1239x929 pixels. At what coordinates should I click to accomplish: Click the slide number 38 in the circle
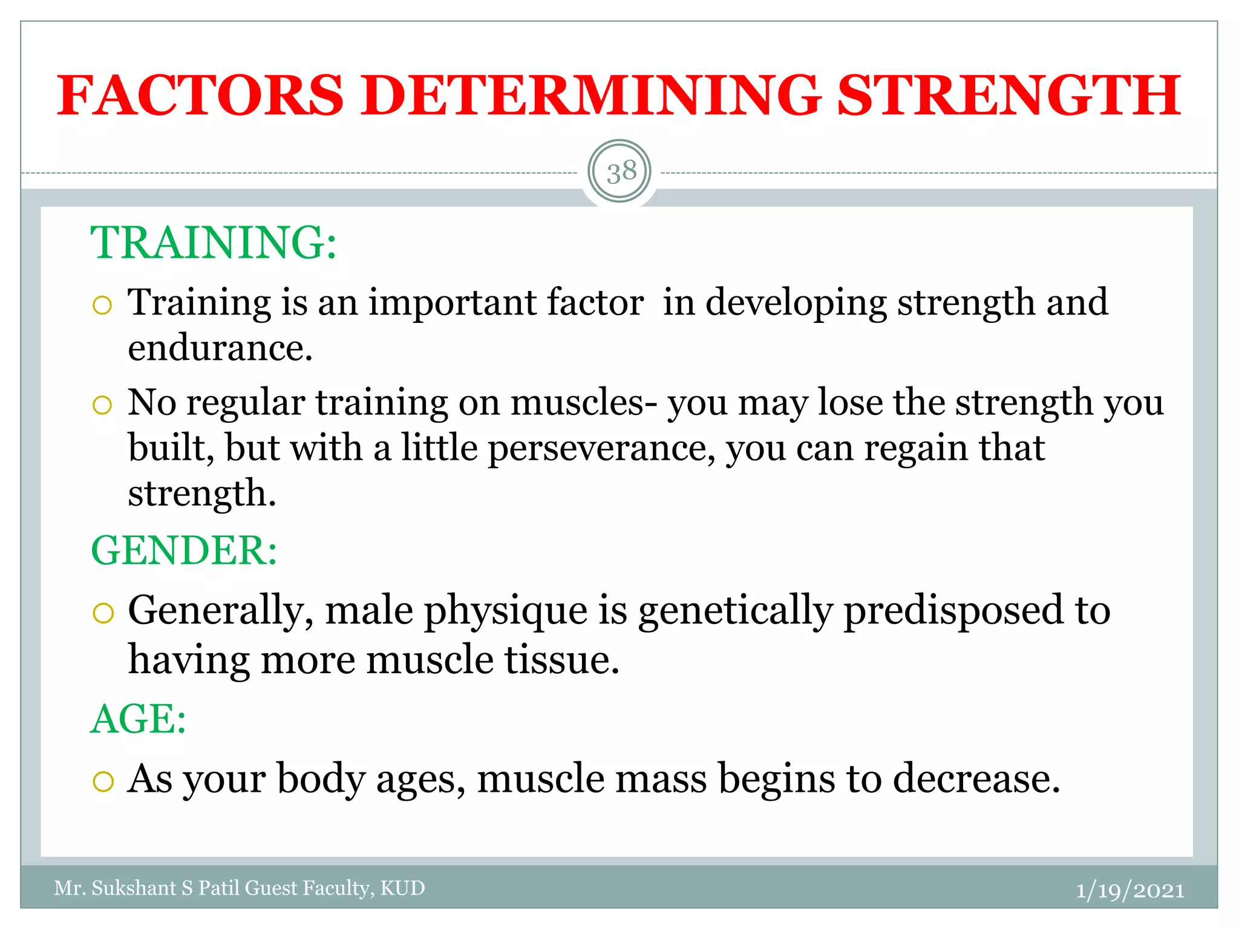click(x=621, y=172)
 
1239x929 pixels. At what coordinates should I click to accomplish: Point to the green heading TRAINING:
click(x=214, y=243)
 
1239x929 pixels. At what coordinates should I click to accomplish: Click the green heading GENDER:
click(x=184, y=550)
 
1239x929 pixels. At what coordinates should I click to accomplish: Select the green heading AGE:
click(x=139, y=719)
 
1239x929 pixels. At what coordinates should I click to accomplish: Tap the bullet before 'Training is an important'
click(x=103, y=305)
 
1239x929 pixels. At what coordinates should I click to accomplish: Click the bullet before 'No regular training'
click(x=103, y=405)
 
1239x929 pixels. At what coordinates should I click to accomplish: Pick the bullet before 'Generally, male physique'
click(x=103, y=613)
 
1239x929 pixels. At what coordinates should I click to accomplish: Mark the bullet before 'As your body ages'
click(x=103, y=781)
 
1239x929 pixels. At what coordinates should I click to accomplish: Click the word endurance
click(x=220, y=349)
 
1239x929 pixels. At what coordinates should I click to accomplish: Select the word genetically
click(x=735, y=611)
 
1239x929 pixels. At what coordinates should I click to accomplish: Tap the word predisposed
click(x=953, y=611)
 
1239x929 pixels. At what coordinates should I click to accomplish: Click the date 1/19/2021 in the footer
click(x=1129, y=890)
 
